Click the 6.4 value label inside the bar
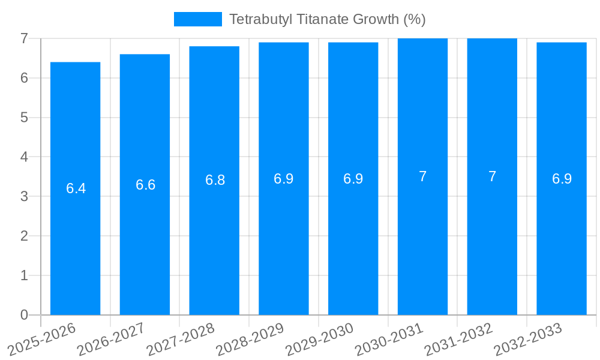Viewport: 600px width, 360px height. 76,188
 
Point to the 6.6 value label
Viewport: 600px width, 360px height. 145,185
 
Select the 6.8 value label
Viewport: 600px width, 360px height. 215,180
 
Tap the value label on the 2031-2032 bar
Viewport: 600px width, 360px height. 492,176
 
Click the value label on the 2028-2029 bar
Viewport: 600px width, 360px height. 283,179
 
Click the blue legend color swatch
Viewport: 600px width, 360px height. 197,19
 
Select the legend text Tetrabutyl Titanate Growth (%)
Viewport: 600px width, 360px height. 327,19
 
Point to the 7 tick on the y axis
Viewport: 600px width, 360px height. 24,38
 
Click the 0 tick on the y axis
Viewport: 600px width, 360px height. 24,315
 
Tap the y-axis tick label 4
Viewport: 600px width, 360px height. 24,157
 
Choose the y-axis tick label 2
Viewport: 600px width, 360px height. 24,236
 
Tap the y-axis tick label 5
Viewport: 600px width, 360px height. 24,118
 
